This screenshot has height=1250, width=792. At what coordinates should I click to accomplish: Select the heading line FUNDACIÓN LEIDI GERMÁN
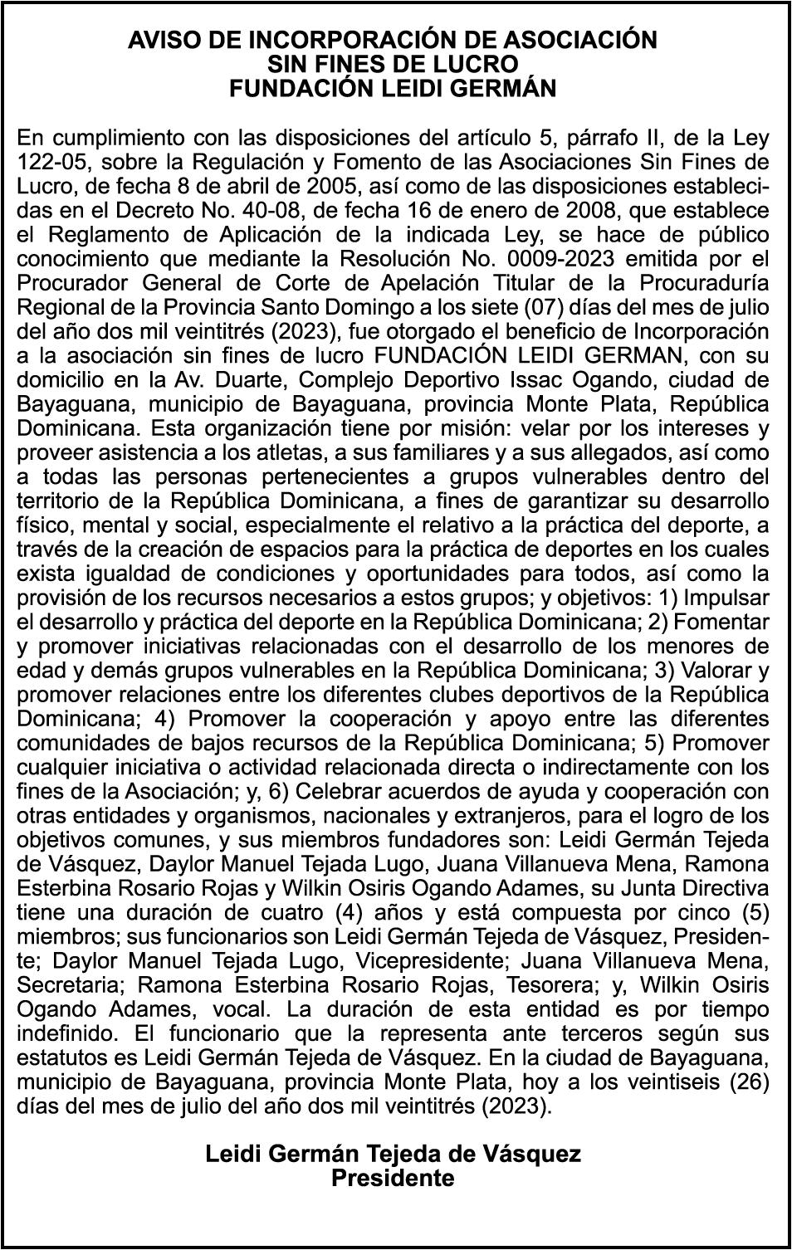[393, 88]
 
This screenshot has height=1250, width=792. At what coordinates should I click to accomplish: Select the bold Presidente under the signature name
[393, 1178]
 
